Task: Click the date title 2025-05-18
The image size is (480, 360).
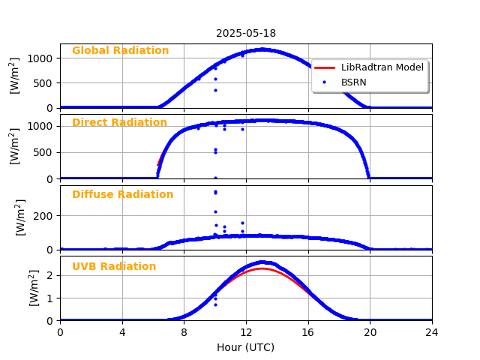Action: point(246,33)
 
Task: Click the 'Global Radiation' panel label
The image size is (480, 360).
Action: point(120,51)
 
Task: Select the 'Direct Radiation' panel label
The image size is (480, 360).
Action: point(119,123)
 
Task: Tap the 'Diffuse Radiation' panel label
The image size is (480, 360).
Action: point(122,195)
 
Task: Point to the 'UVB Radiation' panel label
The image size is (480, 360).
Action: point(114,267)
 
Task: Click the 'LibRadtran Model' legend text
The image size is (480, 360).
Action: point(382,67)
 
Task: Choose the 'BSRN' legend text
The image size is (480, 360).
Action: point(353,82)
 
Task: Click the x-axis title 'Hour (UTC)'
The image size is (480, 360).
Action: point(246,347)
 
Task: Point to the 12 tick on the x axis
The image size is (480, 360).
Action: point(246,332)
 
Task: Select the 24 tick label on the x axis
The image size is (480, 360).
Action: point(432,332)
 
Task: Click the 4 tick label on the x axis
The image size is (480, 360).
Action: point(122,332)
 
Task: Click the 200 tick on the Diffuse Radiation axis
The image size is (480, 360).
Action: point(43,215)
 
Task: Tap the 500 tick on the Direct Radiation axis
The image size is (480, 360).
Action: point(43,152)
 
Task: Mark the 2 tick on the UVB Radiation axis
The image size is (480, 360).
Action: point(49,275)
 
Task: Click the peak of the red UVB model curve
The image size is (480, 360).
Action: point(261,268)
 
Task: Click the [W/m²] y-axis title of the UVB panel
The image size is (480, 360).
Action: point(34,288)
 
